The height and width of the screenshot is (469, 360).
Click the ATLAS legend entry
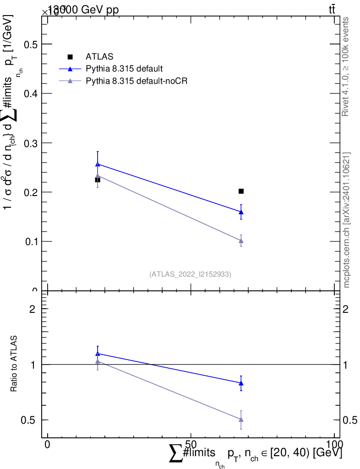pos(99,57)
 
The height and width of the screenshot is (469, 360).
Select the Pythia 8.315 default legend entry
pos(124,69)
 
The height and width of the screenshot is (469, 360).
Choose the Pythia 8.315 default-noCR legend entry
pos(137,81)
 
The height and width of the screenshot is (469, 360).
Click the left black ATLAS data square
pos(98,180)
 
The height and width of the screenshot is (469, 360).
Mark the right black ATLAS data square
pos(241,191)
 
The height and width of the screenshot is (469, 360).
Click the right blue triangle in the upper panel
pos(241,212)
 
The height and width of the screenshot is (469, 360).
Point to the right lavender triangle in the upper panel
pos(241,240)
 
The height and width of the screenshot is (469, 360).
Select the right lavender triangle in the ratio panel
pos(241,419)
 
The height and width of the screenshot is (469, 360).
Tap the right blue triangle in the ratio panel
pos(241,383)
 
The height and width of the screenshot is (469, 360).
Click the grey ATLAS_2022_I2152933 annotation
pos(190,274)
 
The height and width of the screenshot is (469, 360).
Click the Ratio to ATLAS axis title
pos(14,364)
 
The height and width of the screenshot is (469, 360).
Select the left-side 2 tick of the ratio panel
pos(33,309)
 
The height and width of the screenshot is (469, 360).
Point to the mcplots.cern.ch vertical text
pos(347,220)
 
